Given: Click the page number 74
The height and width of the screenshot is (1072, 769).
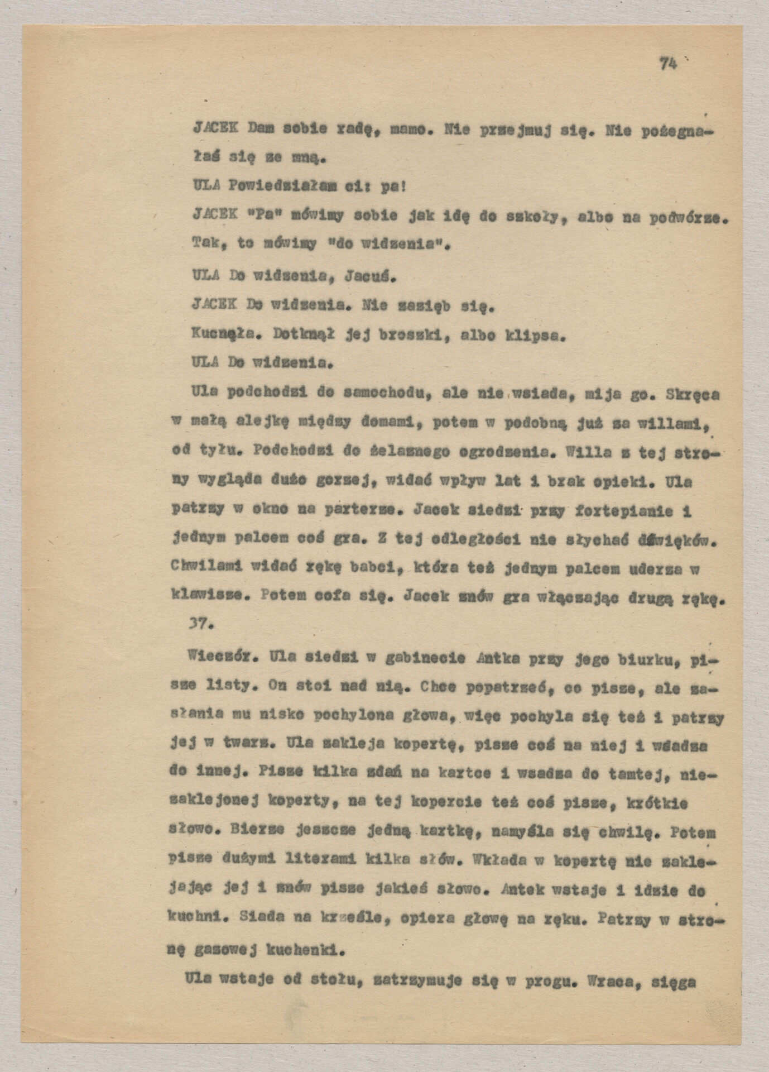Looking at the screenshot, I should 667,64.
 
